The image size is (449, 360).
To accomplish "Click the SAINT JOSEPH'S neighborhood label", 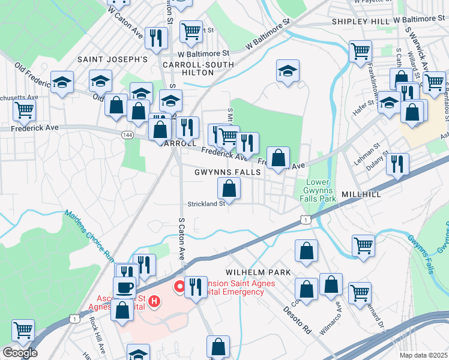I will pos(112,60).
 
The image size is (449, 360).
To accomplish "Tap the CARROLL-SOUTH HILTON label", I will pos(188,67).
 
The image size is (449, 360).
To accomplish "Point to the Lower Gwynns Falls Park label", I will pos(318,190).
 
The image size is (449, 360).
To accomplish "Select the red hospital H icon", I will pos(155,301).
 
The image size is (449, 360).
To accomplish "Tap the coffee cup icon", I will pos(124,287).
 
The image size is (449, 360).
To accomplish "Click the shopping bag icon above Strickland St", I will pos(229,189).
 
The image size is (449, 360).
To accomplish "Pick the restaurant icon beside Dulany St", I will pos(397,163).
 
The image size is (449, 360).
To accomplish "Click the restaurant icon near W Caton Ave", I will pos(156,37).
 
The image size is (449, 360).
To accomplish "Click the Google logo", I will pos(19,353).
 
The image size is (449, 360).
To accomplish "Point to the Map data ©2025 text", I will pos(424,355).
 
